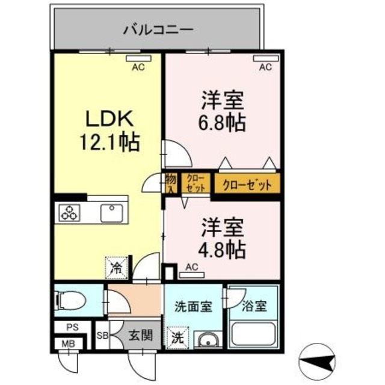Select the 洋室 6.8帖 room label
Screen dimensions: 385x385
221,111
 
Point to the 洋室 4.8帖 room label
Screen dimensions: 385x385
221,238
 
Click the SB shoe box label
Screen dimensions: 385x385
102,336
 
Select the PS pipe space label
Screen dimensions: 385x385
73,328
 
